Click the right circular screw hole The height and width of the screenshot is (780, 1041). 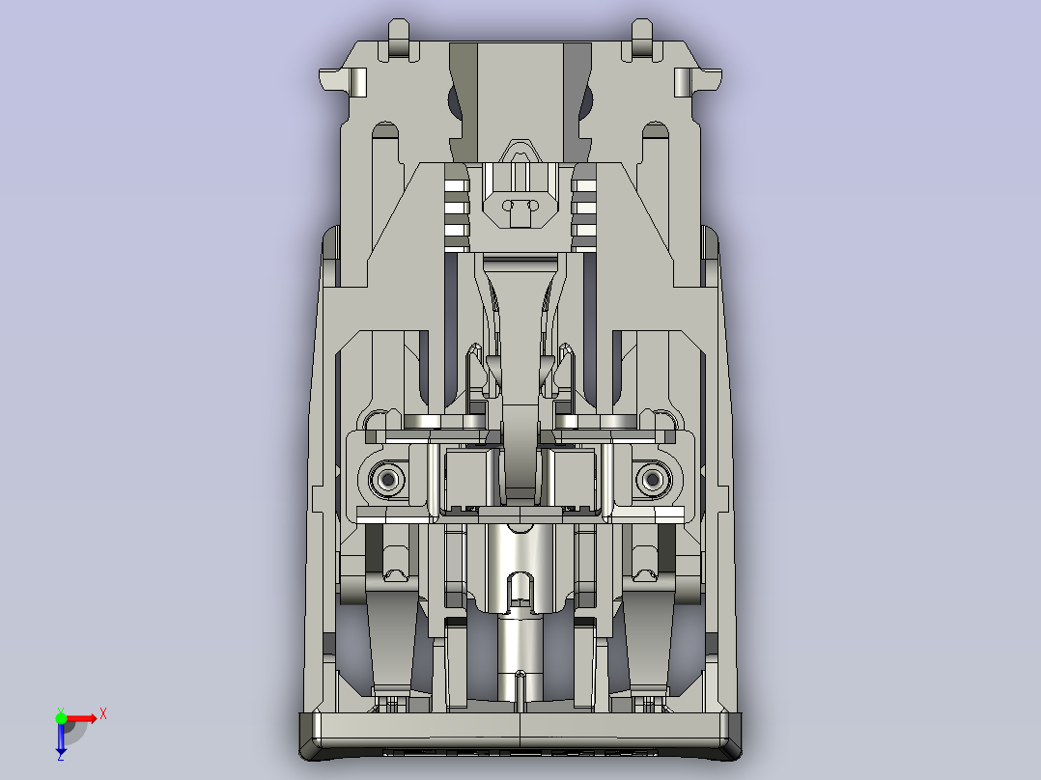coord(653,477)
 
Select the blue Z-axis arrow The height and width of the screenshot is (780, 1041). coord(61,739)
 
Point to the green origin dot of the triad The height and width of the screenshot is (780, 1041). coord(61,717)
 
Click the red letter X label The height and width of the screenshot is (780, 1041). coord(103,713)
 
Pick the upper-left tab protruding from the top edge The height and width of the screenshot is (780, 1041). coord(398,39)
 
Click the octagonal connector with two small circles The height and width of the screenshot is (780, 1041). coord(520,205)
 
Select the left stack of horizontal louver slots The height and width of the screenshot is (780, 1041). coord(456,205)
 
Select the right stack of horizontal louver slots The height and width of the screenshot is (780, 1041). coord(586,205)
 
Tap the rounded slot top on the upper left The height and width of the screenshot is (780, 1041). coord(385,129)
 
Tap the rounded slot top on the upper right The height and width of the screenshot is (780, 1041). coord(656,129)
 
